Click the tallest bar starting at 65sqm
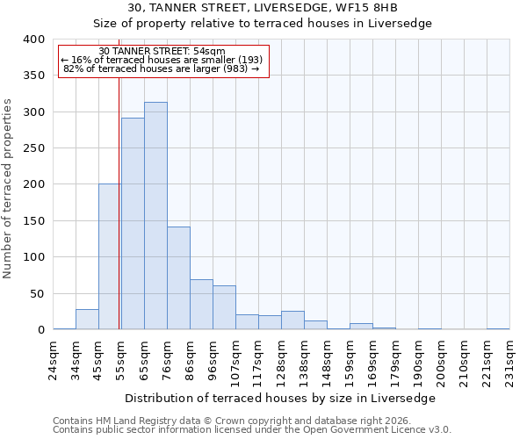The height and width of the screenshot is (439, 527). pos(155,216)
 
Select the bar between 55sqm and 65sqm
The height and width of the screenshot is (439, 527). pos(133,224)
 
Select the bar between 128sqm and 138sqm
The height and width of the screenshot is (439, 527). pos(292,320)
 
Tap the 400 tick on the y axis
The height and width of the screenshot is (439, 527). pos(32,40)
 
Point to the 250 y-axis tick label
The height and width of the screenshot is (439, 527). pos(32,148)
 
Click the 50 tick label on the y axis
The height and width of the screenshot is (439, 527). pos(36,293)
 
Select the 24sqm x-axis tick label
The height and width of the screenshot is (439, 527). pos(54,355)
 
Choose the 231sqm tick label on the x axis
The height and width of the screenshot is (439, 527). pos(509,355)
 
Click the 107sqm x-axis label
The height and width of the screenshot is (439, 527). pos(236,357)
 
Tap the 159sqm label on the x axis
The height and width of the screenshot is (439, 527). pos(350,357)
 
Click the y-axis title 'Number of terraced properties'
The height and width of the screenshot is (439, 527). pos(8,188)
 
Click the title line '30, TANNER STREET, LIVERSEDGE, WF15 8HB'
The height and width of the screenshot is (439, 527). pos(263,8)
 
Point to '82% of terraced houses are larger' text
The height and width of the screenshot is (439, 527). pos(162,68)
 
